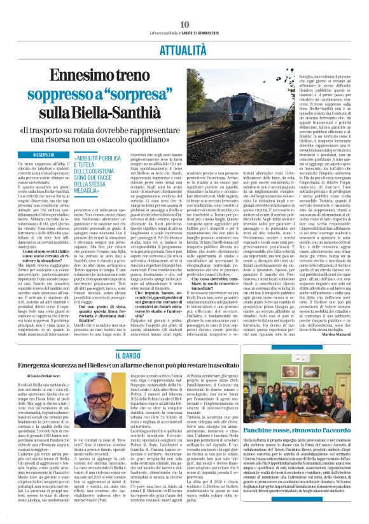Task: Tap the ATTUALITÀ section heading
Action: (x=184, y=48)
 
